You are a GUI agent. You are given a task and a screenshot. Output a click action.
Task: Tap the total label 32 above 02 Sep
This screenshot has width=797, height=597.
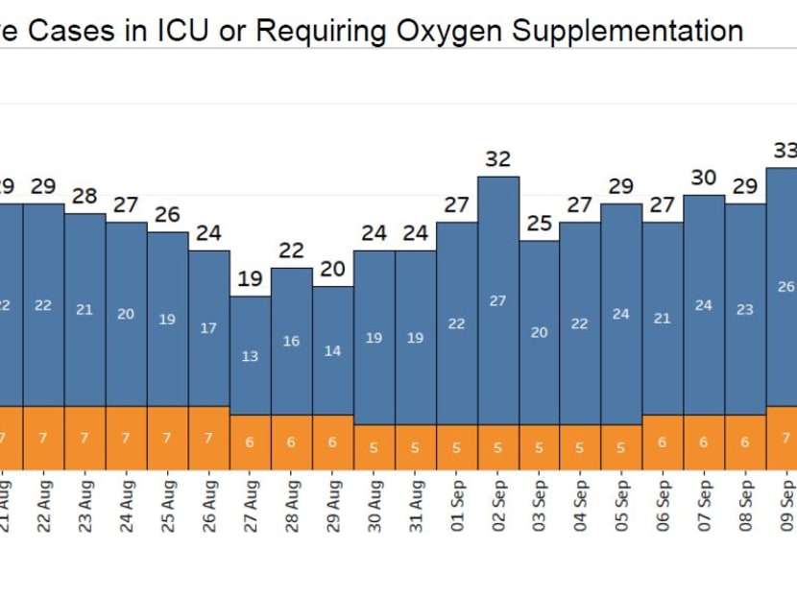[x=497, y=159]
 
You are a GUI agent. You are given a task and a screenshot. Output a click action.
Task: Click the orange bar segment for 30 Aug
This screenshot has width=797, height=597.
[x=374, y=446]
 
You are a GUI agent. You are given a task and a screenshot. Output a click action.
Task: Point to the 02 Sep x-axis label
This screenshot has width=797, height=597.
[x=498, y=506]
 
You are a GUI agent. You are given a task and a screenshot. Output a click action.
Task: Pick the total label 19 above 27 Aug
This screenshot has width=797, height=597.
[x=250, y=279]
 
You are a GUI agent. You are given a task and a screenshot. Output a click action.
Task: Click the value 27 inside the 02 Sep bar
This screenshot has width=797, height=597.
[x=497, y=300]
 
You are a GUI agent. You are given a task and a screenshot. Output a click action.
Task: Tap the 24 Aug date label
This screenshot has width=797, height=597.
[x=126, y=506]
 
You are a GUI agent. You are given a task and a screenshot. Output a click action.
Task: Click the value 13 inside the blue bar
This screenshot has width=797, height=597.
[x=250, y=356]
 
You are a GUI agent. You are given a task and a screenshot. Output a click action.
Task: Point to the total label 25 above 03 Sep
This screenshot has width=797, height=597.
[x=540, y=224]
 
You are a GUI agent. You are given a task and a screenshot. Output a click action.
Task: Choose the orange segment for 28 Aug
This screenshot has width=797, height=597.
[x=291, y=442]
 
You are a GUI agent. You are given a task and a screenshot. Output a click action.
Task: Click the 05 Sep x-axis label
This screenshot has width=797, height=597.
[x=622, y=506]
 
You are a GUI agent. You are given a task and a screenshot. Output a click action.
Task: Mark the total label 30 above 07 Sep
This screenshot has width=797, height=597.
[x=704, y=178]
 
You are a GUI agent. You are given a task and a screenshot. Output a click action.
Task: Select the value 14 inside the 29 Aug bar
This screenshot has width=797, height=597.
[x=332, y=351]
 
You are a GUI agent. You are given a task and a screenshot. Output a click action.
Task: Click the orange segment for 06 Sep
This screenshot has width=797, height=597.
[x=663, y=442]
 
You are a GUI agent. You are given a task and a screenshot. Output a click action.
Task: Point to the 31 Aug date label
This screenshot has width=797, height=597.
[x=416, y=506]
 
